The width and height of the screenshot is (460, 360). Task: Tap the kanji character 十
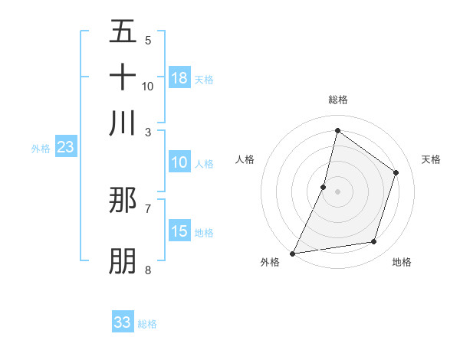click(x=123, y=77)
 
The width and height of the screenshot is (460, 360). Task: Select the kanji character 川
click(x=123, y=123)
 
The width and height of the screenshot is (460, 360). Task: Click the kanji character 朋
click(x=123, y=261)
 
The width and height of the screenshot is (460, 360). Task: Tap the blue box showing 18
click(x=179, y=78)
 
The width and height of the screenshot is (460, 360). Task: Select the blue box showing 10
click(x=179, y=162)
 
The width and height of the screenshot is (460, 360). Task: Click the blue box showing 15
click(x=179, y=231)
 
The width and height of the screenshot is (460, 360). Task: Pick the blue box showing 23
click(x=65, y=147)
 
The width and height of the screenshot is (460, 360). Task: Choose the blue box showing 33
click(x=123, y=322)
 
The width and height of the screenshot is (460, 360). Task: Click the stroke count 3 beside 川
click(x=148, y=131)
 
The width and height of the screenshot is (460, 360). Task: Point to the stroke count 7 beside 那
click(x=148, y=208)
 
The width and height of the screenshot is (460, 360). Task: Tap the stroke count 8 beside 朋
click(x=148, y=270)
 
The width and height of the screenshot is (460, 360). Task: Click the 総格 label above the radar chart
click(x=338, y=100)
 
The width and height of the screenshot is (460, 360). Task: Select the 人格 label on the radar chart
click(x=245, y=159)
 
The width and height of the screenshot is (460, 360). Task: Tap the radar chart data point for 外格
click(x=293, y=253)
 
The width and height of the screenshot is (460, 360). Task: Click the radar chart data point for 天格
click(x=396, y=172)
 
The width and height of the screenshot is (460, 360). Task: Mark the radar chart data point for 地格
click(x=374, y=242)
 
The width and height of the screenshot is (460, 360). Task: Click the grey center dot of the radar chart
click(x=338, y=191)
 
